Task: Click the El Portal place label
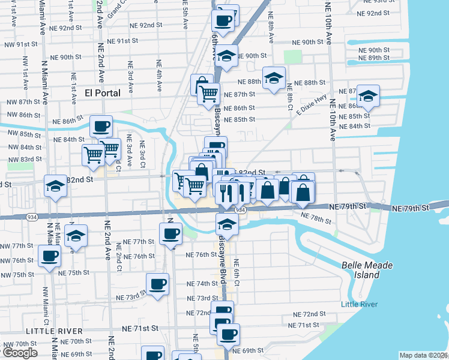click(x=103, y=93)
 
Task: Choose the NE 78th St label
click(x=316, y=218)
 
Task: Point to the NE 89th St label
click(x=378, y=58)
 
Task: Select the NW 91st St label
click(x=21, y=44)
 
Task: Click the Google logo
click(x=20, y=353)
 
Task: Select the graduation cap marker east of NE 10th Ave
click(x=368, y=97)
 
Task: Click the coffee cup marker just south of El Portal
click(x=101, y=127)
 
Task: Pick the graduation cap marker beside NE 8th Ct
click(x=274, y=78)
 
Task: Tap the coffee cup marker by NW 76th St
click(x=49, y=256)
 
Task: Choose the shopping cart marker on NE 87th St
click(x=208, y=93)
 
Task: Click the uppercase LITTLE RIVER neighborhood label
click(x=54, y=331)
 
